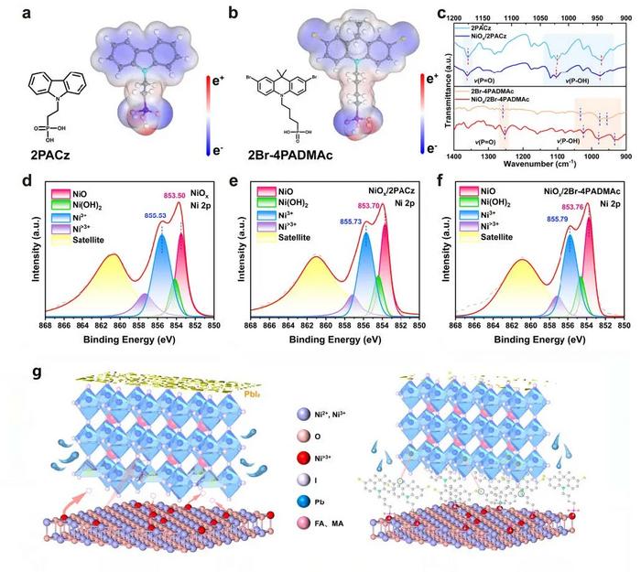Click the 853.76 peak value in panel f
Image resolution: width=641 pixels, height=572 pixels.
(x=599, y=206)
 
